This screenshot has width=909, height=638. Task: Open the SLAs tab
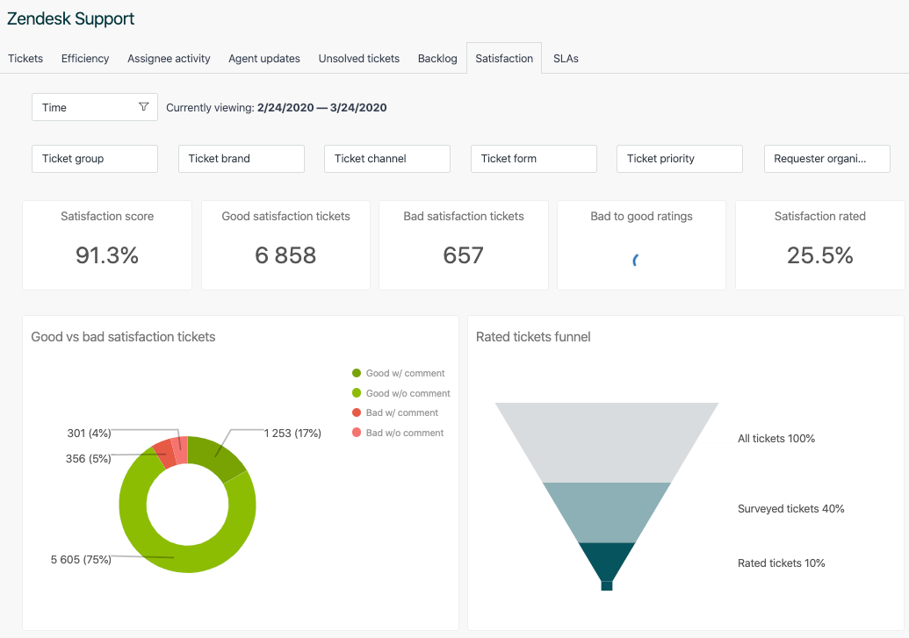pyautogui.click(x=566, y=59)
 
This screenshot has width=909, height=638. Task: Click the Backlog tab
pyautogui.click(x=437, y=59)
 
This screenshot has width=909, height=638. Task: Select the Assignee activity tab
pyautogui.click(x=169, y=59)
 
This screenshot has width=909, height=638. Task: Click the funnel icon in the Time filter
pyautogui.click(x=144, y=107)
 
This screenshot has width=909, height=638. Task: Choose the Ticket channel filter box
pyautogui.click(x=387, y=159)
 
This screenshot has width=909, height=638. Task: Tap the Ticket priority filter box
pyautogui.click(x=680, y=159)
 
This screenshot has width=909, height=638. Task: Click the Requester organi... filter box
pyautogui.click(x=827, y=159)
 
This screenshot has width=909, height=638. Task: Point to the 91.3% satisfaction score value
pyautogui.click(x=107, y=255)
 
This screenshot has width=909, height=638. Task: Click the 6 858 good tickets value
pyautogui.click(x=285, y=255)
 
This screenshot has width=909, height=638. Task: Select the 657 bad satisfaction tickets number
pyautogui.click(x=464, y=255)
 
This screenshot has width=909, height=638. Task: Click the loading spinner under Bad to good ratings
pyautogui.click(x=636, y=260)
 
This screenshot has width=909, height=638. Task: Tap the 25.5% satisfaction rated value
pyautogui.click(x=820, y=255)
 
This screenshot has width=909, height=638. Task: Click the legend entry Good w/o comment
pyautogui.click(x=408, y=393)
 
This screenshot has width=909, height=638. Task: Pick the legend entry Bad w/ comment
pyautogui.click(x=401, y=412)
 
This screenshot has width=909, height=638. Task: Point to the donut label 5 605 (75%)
pyautogui.click(x=81, y=559)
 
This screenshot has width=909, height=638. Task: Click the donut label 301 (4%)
pyautogui.click(x=89, y=434)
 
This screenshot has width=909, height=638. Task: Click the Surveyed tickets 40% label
pyautogui.click(x=790, y=509)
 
